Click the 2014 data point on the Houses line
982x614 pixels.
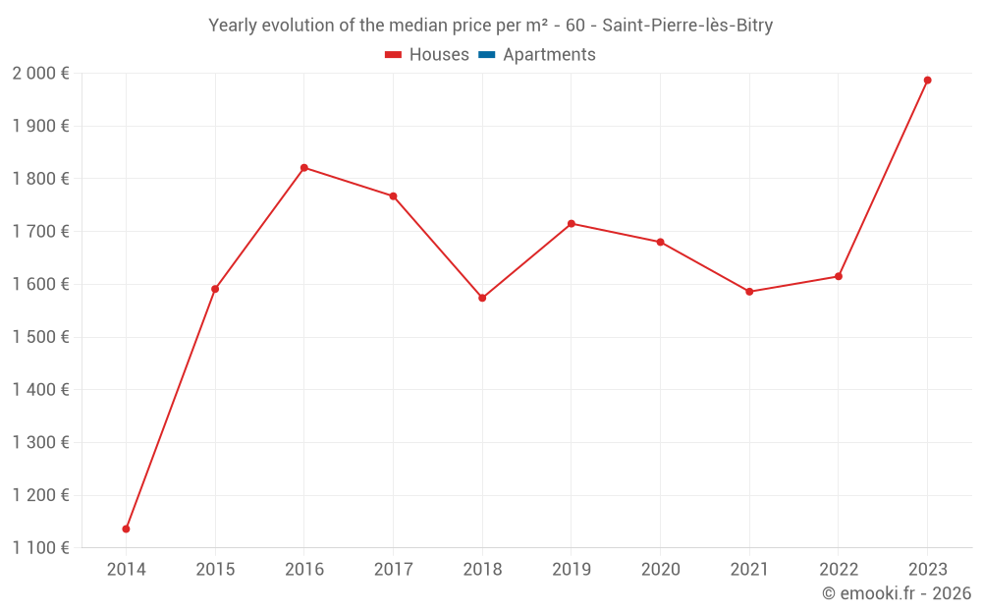point(126,529)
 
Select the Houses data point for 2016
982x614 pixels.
point(304,168)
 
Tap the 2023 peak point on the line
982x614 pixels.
point(927,81)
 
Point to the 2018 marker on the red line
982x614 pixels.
point(482,298)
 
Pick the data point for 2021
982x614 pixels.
point(749,292)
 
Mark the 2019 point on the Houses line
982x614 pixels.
point(572,224)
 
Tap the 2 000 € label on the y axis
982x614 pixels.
point(40,74)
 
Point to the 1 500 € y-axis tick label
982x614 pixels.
point(40,337)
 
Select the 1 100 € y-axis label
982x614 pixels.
point(40,548)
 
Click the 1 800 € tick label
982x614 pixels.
point(40,179)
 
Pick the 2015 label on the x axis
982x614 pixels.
point(215,570)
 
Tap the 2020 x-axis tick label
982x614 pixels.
point(660,570)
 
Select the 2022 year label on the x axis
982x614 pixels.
point(838,570)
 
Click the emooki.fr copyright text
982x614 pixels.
point(897,593)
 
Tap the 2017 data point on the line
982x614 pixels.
point(393,196)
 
